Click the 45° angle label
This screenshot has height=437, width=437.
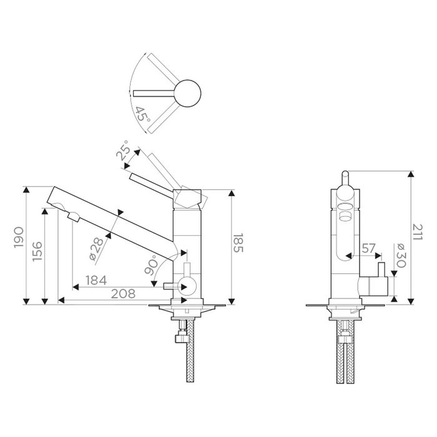click(142, 115)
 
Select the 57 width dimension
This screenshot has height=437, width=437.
click(368, 248)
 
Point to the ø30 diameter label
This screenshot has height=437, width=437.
click(400, 255)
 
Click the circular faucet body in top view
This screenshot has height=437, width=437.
click(187, 93)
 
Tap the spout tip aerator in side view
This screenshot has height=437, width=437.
click(74, 217)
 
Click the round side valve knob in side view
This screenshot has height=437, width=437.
click(185, 287)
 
